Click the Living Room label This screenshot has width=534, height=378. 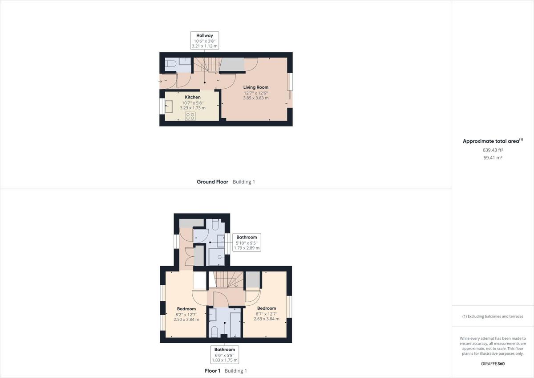(255, 87)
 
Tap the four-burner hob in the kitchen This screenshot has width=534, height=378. (190, 116)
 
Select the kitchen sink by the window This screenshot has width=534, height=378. (169, 107)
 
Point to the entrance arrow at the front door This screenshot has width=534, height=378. (160, 81)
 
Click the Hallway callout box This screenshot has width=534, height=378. (204, 40)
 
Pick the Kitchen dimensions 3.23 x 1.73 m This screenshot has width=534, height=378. (193, 108)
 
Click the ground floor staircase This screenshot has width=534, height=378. (210, 65)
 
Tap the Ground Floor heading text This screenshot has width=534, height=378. (212, 182)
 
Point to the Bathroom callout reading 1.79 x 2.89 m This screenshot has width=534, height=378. (247, 242)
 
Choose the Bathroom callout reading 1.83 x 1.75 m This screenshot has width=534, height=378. (225, 355)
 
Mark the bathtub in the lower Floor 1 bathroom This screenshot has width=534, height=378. (235, 325)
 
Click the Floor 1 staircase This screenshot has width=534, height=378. (226, 279)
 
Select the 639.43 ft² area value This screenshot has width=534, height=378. (493, 150)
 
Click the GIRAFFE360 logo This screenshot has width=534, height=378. (493, 363)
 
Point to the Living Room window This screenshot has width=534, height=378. (290, 86)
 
